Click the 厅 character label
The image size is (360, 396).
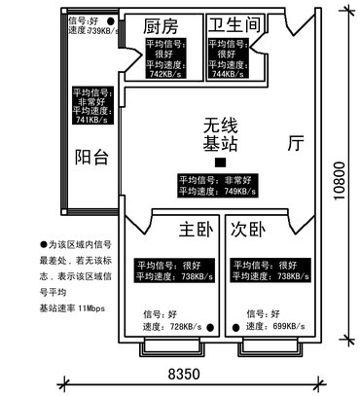296,143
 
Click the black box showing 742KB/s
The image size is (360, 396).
172,58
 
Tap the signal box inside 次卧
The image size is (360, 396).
262,270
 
